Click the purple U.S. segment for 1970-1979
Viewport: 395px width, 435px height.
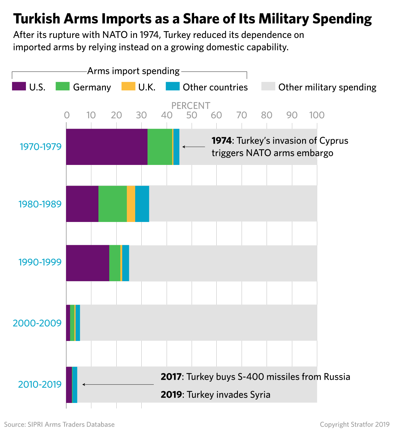pyautogui.click(x=107, y=147)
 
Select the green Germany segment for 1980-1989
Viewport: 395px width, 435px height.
pyautogui.click(x=113, y=203)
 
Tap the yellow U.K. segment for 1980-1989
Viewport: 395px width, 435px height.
pyautogui.click(x=131, y=203)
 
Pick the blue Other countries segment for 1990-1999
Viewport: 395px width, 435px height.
pyautogui.click(x=126, y=263)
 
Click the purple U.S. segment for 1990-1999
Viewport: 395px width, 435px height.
pyautogui.click(x=88, y=263)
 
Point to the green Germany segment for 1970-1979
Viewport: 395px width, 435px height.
pyautogui.click(x=160, y=147)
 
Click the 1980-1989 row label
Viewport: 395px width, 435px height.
pyautogui.click(x=40, y=204)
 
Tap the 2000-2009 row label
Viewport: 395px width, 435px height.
pyautogui.click(x=37, y=323)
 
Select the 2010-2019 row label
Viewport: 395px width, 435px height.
pyautogui.click(x=40, y=384)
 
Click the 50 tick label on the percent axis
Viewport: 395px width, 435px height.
pyautogui.click(x=192, y=115)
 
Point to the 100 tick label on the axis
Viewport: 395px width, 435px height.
pyautogui.click(x=317, y=115)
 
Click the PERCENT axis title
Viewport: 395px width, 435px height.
pyautogui.click(x=191, y=106)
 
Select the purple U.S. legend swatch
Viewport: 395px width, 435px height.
pyautogui.click(x=19, y=86)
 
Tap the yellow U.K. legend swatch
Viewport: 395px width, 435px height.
pyautogui.click(x=128, y=86)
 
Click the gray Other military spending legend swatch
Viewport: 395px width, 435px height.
pyautogui.click(x=268, y=86)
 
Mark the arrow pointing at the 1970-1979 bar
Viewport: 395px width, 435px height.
pyautogui.click(x=194, y=147)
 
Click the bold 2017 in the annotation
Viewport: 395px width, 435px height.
pyautogui.click(x=171, y=377)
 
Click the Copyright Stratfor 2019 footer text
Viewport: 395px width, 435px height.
pyautogui.click(x=355, y=425)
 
